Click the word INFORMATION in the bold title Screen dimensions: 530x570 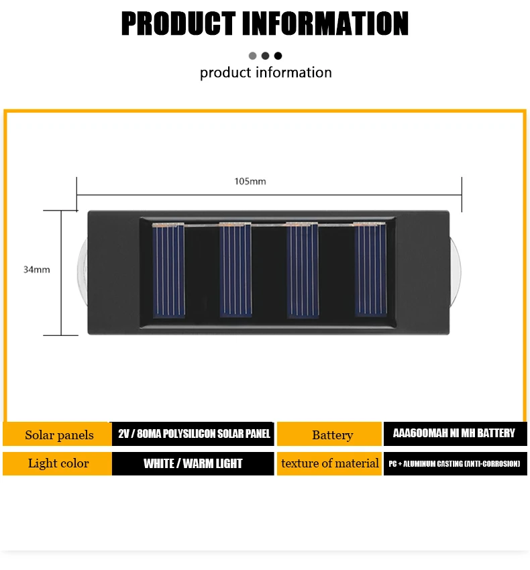324,23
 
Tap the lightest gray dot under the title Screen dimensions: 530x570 253,56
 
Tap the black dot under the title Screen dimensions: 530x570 278,56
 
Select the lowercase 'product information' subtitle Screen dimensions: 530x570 266,72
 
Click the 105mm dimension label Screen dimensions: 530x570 250,181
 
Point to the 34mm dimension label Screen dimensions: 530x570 37,270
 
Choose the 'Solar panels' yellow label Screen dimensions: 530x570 59,435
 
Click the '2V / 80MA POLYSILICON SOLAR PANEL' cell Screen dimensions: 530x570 193,434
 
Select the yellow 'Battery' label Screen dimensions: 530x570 332,435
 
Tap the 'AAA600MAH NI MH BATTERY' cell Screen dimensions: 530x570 455,433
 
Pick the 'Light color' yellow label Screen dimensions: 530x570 58,463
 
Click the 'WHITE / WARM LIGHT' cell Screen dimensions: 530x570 193,463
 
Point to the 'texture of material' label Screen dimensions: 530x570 330,463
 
